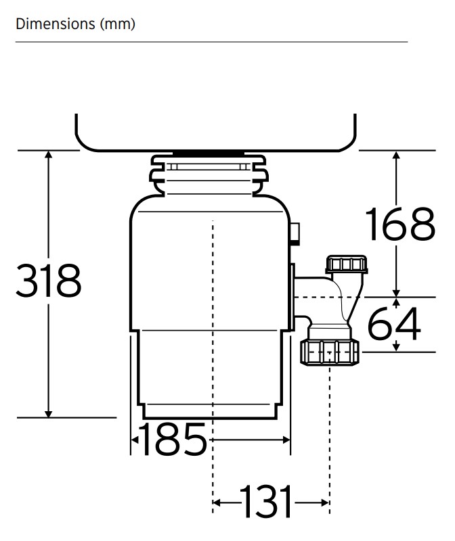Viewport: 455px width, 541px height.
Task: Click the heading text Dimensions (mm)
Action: [x=75, y=24]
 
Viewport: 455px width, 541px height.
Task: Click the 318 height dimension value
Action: [x=49, y=281]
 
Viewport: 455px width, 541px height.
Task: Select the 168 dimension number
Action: [x=399, y=224]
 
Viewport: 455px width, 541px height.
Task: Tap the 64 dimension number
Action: [x=394, y=324]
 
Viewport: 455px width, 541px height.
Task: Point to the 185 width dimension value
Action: [x=173, y=440]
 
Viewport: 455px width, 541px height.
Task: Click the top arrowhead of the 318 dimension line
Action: [x=49, y=156]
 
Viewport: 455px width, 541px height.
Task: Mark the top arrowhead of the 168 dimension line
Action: [x=397, y=156]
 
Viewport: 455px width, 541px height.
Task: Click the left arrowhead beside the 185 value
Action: [x=135, y=440]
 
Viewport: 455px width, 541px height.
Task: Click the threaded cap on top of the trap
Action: [x=347, y=264]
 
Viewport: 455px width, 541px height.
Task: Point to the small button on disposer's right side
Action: [x=295, y=233]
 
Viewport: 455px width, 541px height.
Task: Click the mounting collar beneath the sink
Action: [x=208, y=173]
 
